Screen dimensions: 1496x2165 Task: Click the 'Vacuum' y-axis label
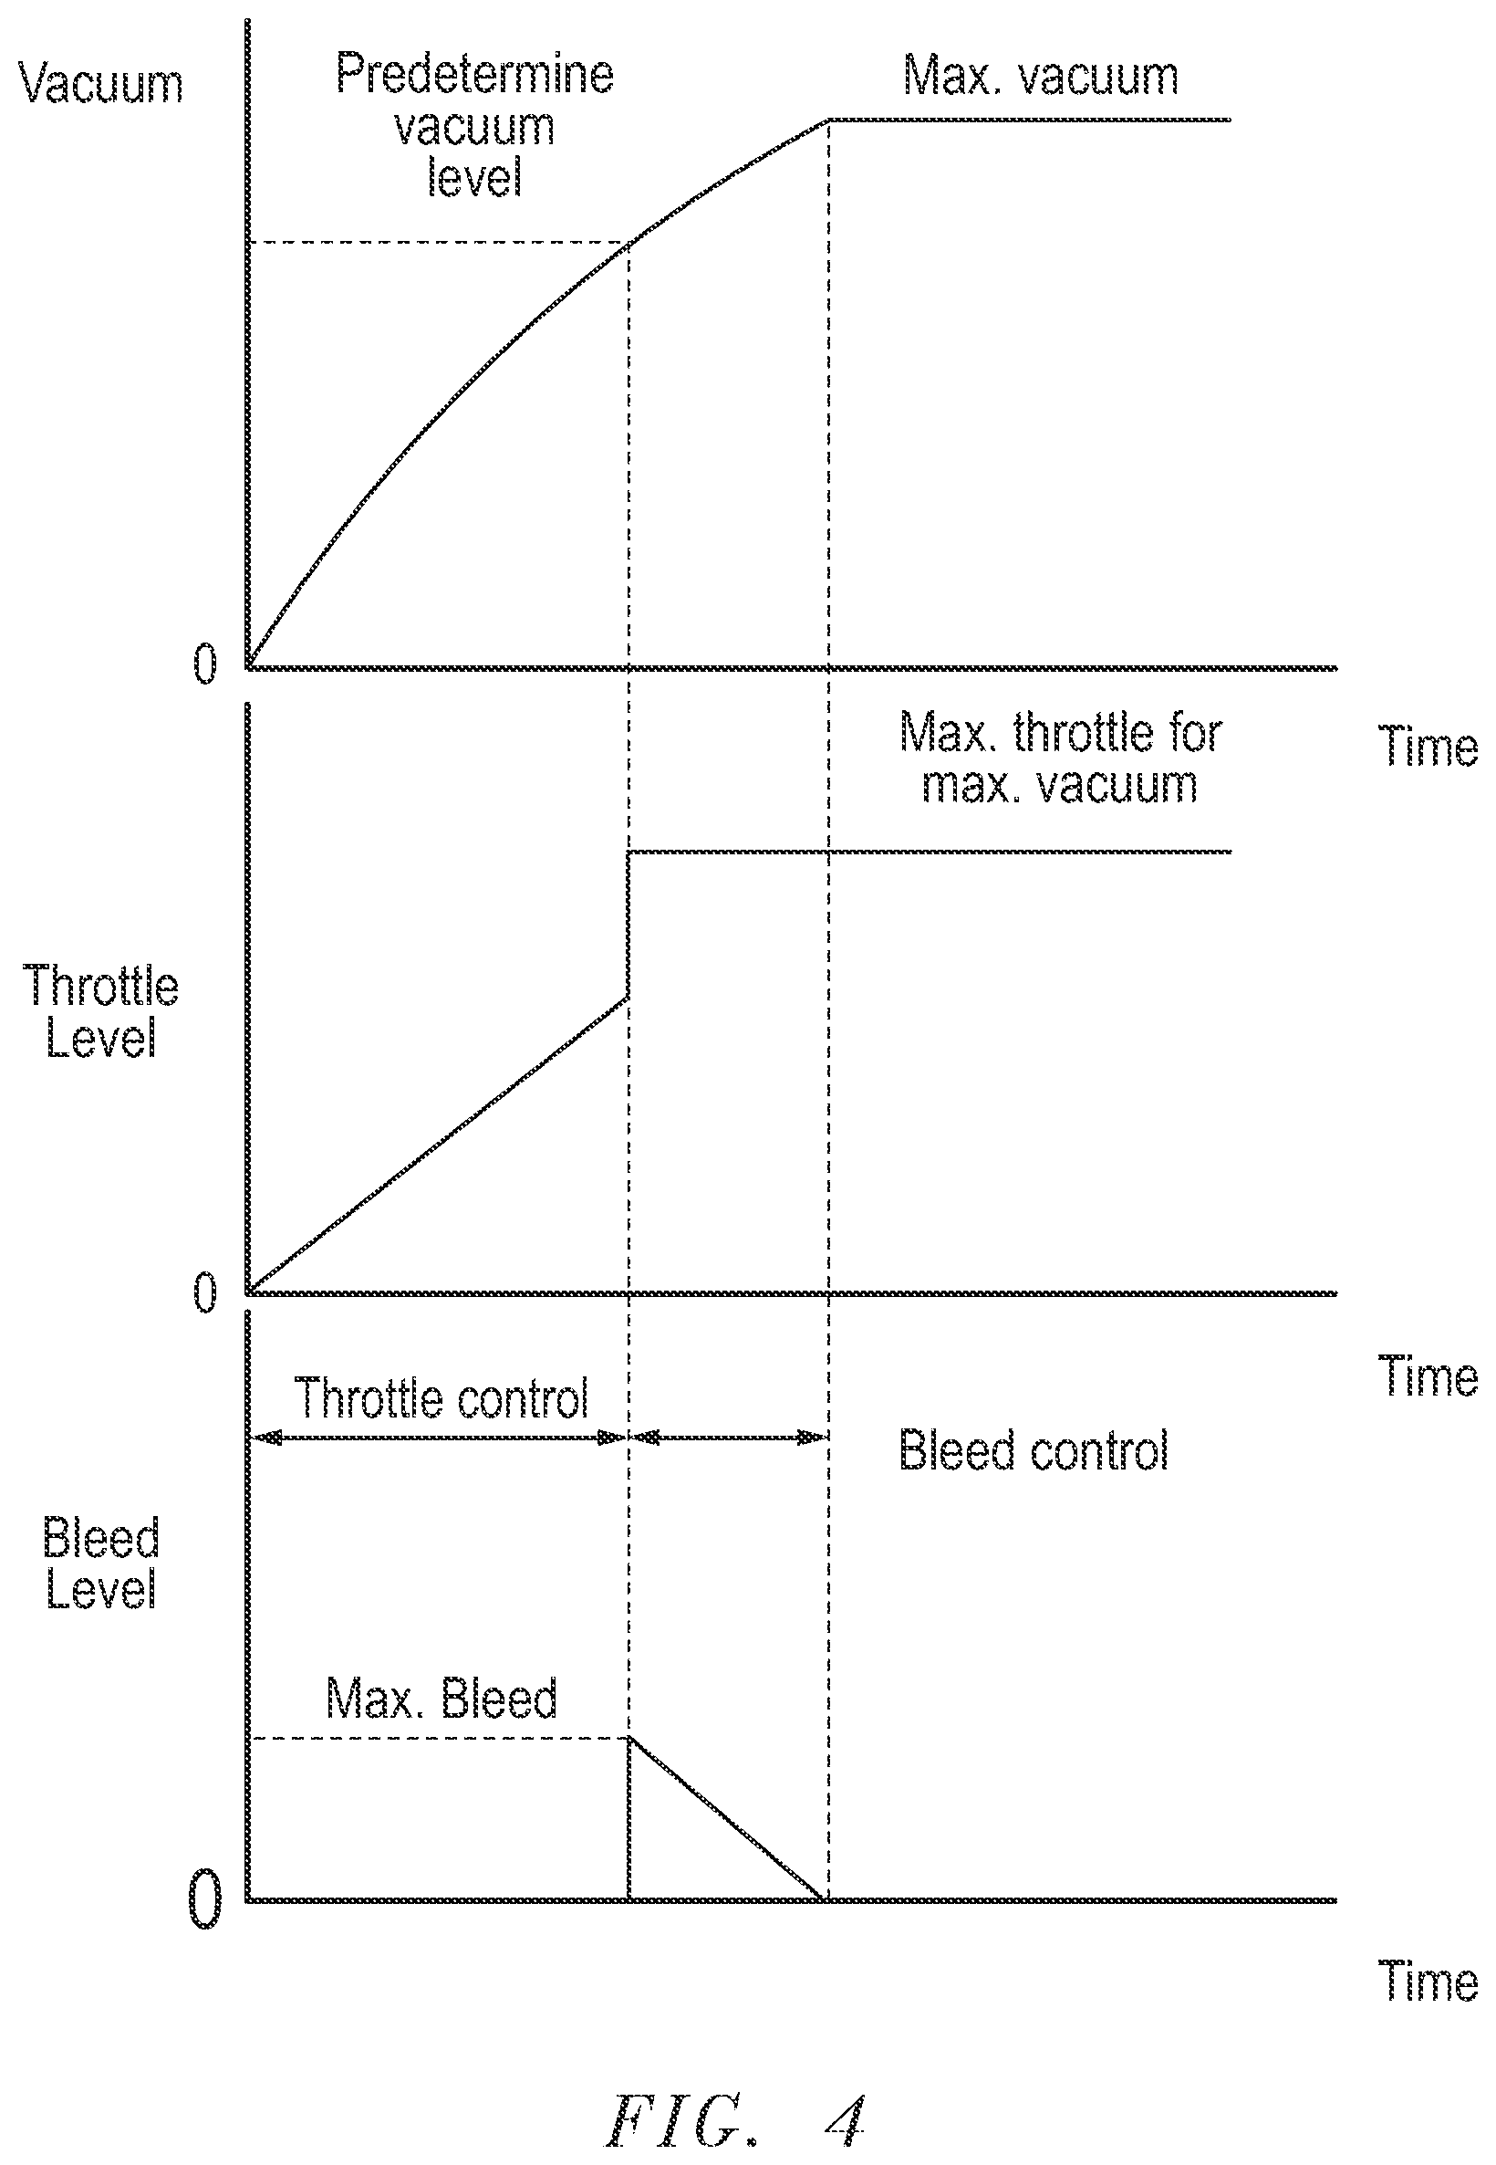[x=101, y=84]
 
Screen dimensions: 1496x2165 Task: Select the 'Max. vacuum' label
[x=1041, y=75]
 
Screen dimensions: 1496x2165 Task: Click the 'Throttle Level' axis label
[x=101, y=1012]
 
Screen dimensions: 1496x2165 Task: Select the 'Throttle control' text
[x=442, y=1398]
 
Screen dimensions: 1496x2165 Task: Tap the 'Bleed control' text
[x=1034, y=1450]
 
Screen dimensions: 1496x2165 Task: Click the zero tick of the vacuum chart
[x=204, y=664]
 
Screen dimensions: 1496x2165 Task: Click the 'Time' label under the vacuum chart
[x=1428, y=748]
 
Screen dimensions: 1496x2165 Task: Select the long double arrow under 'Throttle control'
[x=438, y=1437]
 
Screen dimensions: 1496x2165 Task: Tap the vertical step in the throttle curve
[x=628, y=925]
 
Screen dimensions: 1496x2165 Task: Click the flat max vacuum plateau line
[x=1028, y=120]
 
